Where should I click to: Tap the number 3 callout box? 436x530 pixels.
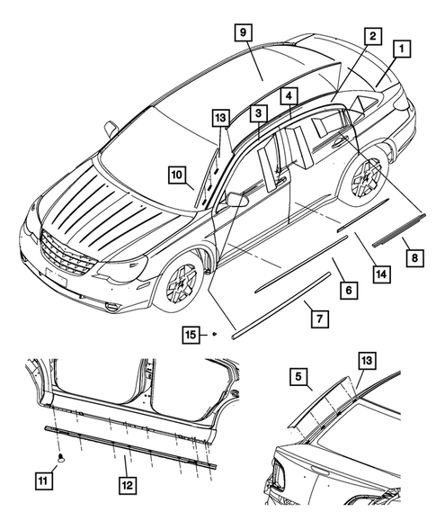tap(257, 113)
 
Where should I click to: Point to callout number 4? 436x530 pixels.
tap(288, 94)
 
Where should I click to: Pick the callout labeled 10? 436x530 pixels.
tap(176, 173)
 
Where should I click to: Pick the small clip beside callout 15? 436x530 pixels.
tap(216, 334)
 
